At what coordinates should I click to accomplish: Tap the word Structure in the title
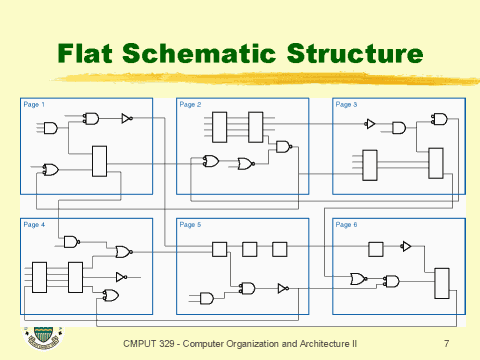(x=351, y=52)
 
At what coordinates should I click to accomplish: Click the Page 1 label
(x=34, y=104)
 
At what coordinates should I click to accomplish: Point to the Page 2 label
(x=190, y=104)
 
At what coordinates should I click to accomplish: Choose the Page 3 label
(x=346, y=104)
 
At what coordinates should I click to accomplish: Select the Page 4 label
(x=34, y=224)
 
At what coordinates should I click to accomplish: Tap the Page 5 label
(x=190, y=224)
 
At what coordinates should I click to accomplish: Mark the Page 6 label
(x=346, y=224)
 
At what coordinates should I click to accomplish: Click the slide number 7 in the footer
(x=445, y=343)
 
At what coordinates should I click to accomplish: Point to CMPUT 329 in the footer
(x=144, y=343)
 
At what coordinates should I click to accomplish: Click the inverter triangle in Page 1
(x=126, y=118)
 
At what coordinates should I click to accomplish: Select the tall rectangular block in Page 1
(x=99, y=160)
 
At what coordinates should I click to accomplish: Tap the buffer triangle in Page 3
(x=370, y=125)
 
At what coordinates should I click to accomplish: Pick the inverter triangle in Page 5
(x=283, y=288)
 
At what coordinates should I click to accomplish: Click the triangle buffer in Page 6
(x=405, y=246)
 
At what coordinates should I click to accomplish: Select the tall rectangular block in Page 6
(x=442, y=283)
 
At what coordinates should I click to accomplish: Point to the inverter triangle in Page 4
(x=121, y=276)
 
